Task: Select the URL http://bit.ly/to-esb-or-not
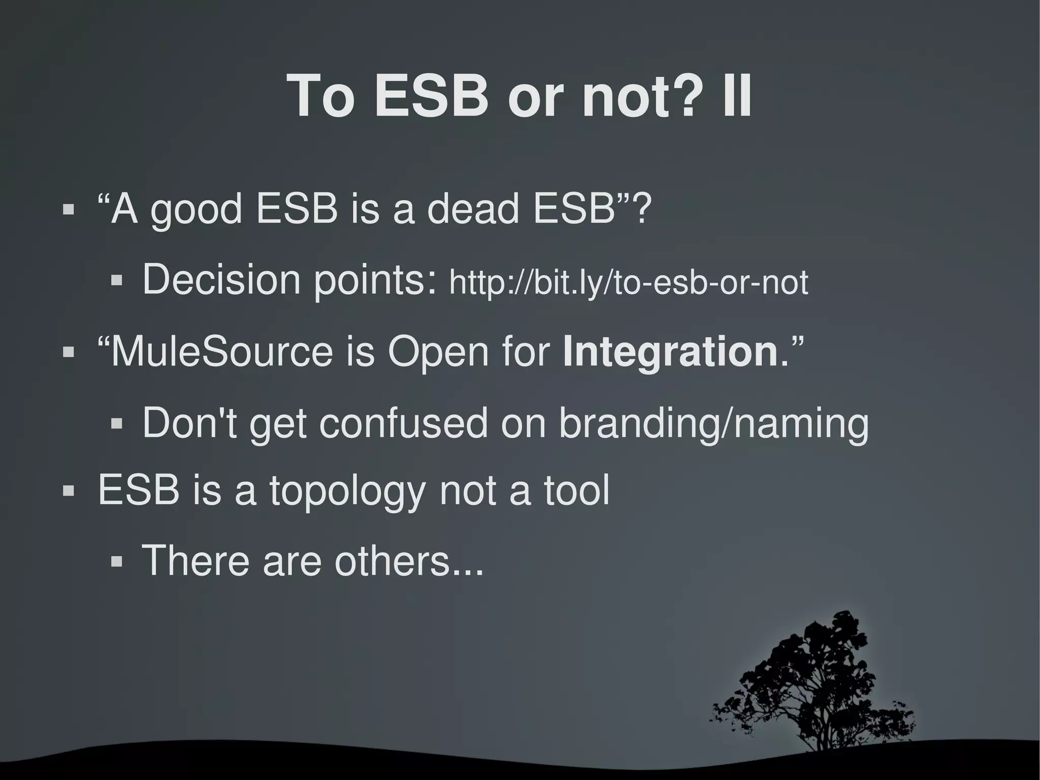[628, 283]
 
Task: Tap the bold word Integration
[670, 352]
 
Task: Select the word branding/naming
[713, 423]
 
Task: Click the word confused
[403, 423]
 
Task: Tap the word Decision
[221, 279]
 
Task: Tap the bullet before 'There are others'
[117, 561]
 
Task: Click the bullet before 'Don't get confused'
[117, 424]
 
